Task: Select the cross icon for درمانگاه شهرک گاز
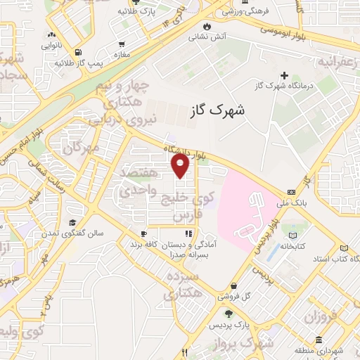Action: coord(284,75)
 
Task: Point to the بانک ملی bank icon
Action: coord(291,193)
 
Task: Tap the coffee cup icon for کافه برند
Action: coord(143,234)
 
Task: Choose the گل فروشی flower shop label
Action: coord(235,297)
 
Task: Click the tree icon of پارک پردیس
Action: coord(227,313)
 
